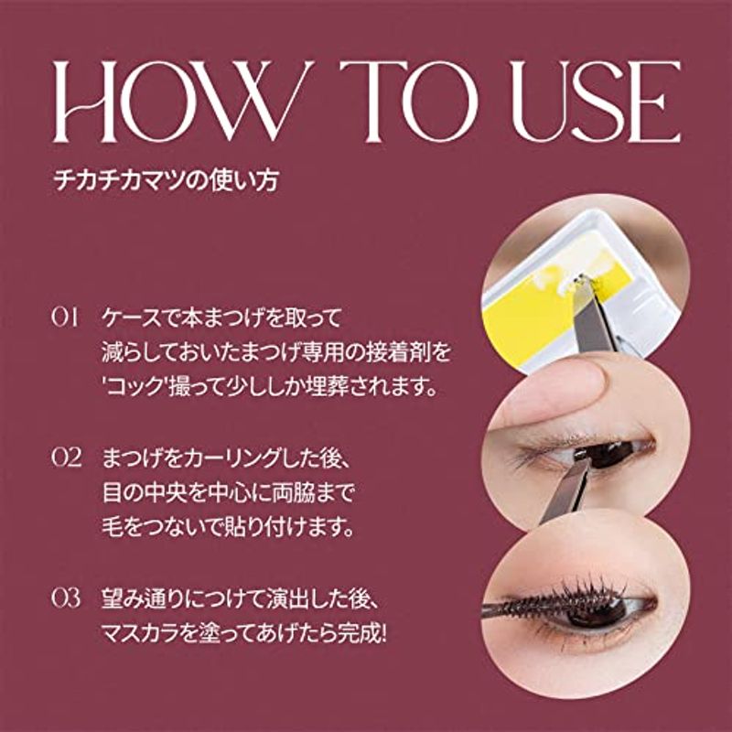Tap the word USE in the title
pos(596,102)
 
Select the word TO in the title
pos(409,102)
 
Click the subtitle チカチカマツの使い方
pos(166,180)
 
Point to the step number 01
pos(65,318)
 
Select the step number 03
pos(66,598)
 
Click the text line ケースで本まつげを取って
pos(222,318)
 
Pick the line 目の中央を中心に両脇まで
pos(228,492)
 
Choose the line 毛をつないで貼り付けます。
pos(227,527)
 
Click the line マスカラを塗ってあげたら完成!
pos(244,634)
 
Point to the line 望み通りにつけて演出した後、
pos(241,599)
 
